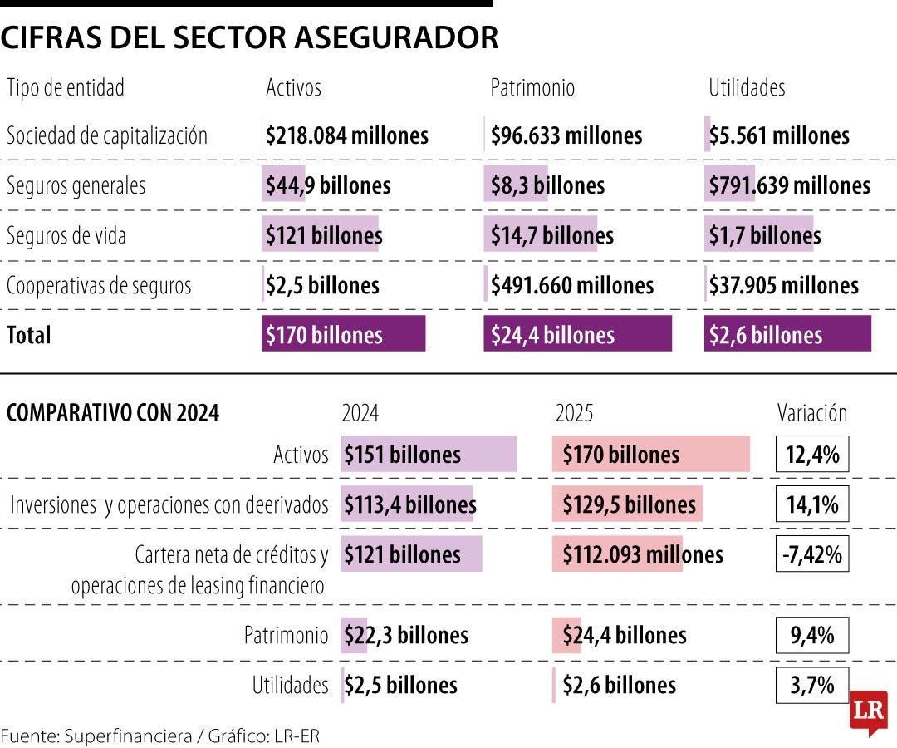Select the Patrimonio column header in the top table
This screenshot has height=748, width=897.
pyautogui.click(x=532, y=87)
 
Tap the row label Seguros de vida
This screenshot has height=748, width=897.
pyautogui.click(x=66, y=235)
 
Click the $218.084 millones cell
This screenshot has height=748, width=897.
pyautogui.click(x=347, y=135)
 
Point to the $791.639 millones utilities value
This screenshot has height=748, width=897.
pyautogui.click(x=789, y=185)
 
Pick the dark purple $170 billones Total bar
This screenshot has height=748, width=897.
pyautogui.click(x=343, y=334)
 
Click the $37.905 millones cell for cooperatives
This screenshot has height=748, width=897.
pyautogui.click(x=783, y=285)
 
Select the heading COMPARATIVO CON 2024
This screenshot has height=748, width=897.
pyautogui.click(x=113, y=413)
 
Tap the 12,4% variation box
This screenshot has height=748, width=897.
pyautogui.click(x=811, y=455)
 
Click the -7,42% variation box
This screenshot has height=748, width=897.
pyautogui.click(x=811, y=554)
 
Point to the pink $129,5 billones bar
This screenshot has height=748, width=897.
pyautogui.click(x=628, y=504)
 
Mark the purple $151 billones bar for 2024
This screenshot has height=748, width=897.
pyautogui.click(x=428, y=455)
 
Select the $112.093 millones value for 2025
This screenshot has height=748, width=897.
pyautogui.click(x=642, y=554)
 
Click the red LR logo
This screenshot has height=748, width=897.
pyautogui.click(x=868, y=712)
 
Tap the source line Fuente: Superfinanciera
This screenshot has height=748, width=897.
pyautogui.click(x=159, y=735)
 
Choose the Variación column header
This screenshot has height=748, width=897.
pyautogui.click(x=811, y=413)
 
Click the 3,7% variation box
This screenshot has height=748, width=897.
pyautogui.click(x=811, y=685)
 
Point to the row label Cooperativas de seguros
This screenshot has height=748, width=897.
pyautogui.click(x=99, y=285)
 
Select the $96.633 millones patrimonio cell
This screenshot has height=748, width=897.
pyautogui.click(x=566, y=135)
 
